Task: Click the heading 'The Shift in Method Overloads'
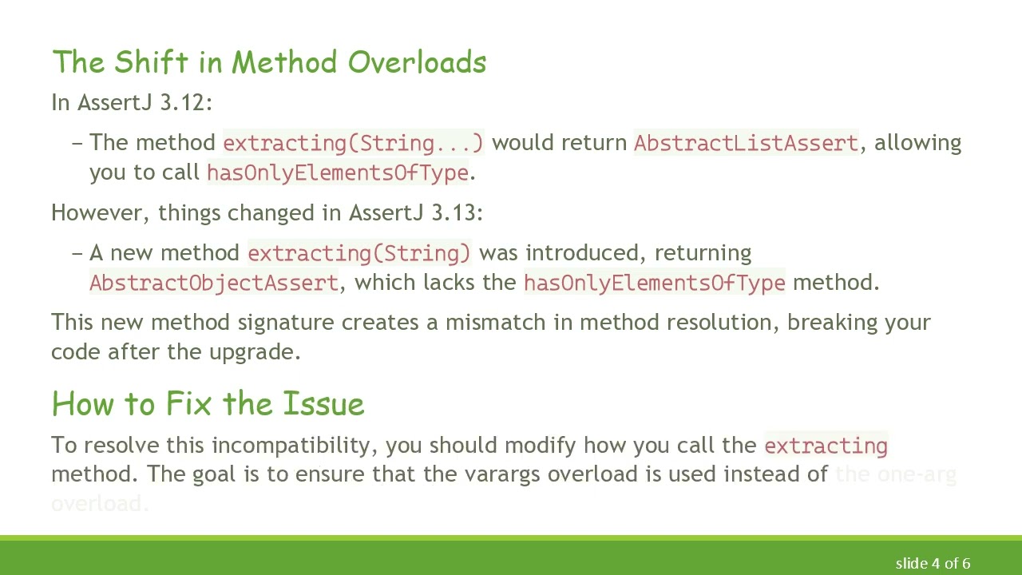269,62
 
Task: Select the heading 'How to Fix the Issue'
208,404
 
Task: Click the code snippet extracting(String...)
353,143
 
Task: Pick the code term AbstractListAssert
746,143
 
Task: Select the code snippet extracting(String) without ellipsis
359,253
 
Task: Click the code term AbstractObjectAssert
214,283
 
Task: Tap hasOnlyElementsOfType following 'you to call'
337,172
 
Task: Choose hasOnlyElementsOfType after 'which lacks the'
654,283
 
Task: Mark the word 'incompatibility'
297,445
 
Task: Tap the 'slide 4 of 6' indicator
933,564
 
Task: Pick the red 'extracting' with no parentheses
826,446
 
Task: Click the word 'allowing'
917,143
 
